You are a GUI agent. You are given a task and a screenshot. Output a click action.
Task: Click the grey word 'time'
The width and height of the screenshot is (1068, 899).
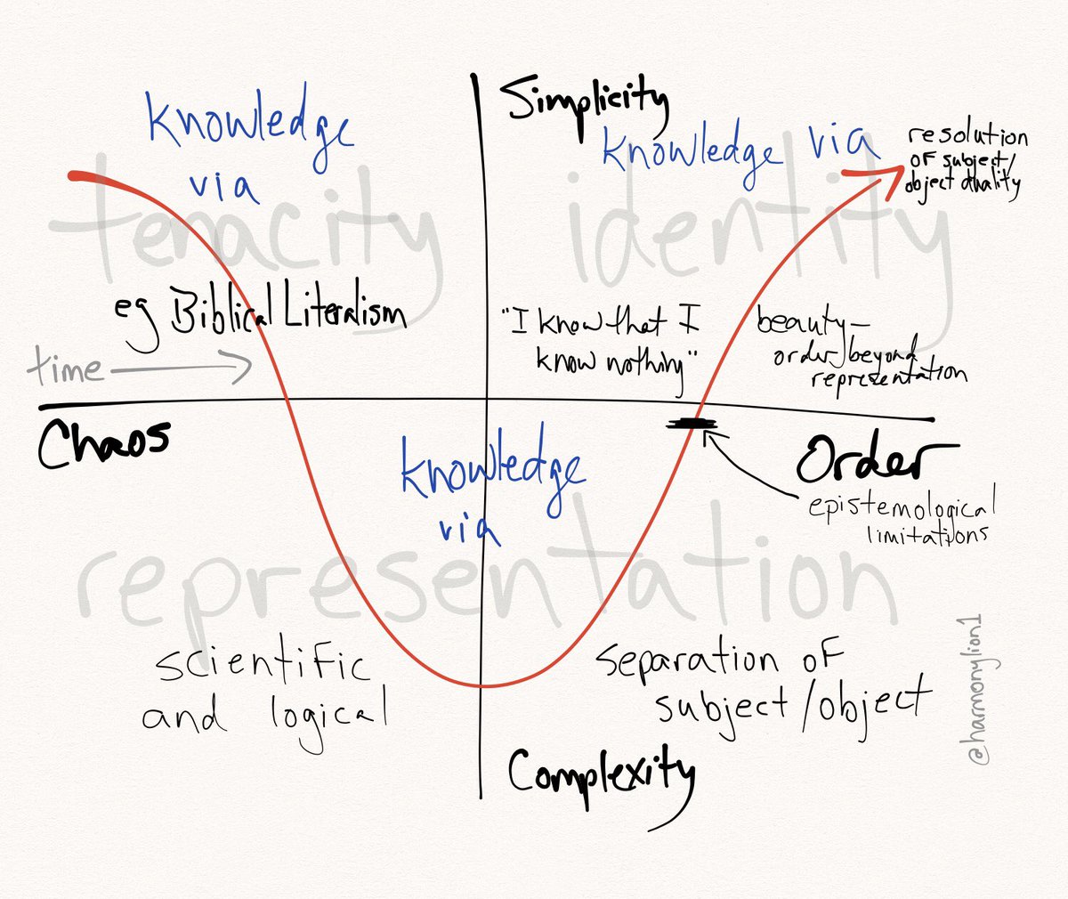(64, 367)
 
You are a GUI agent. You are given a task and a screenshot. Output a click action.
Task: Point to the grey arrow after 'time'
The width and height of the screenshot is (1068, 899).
(182, 368)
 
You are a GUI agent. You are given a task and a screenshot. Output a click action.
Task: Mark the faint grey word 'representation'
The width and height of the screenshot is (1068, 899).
(485, 583)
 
